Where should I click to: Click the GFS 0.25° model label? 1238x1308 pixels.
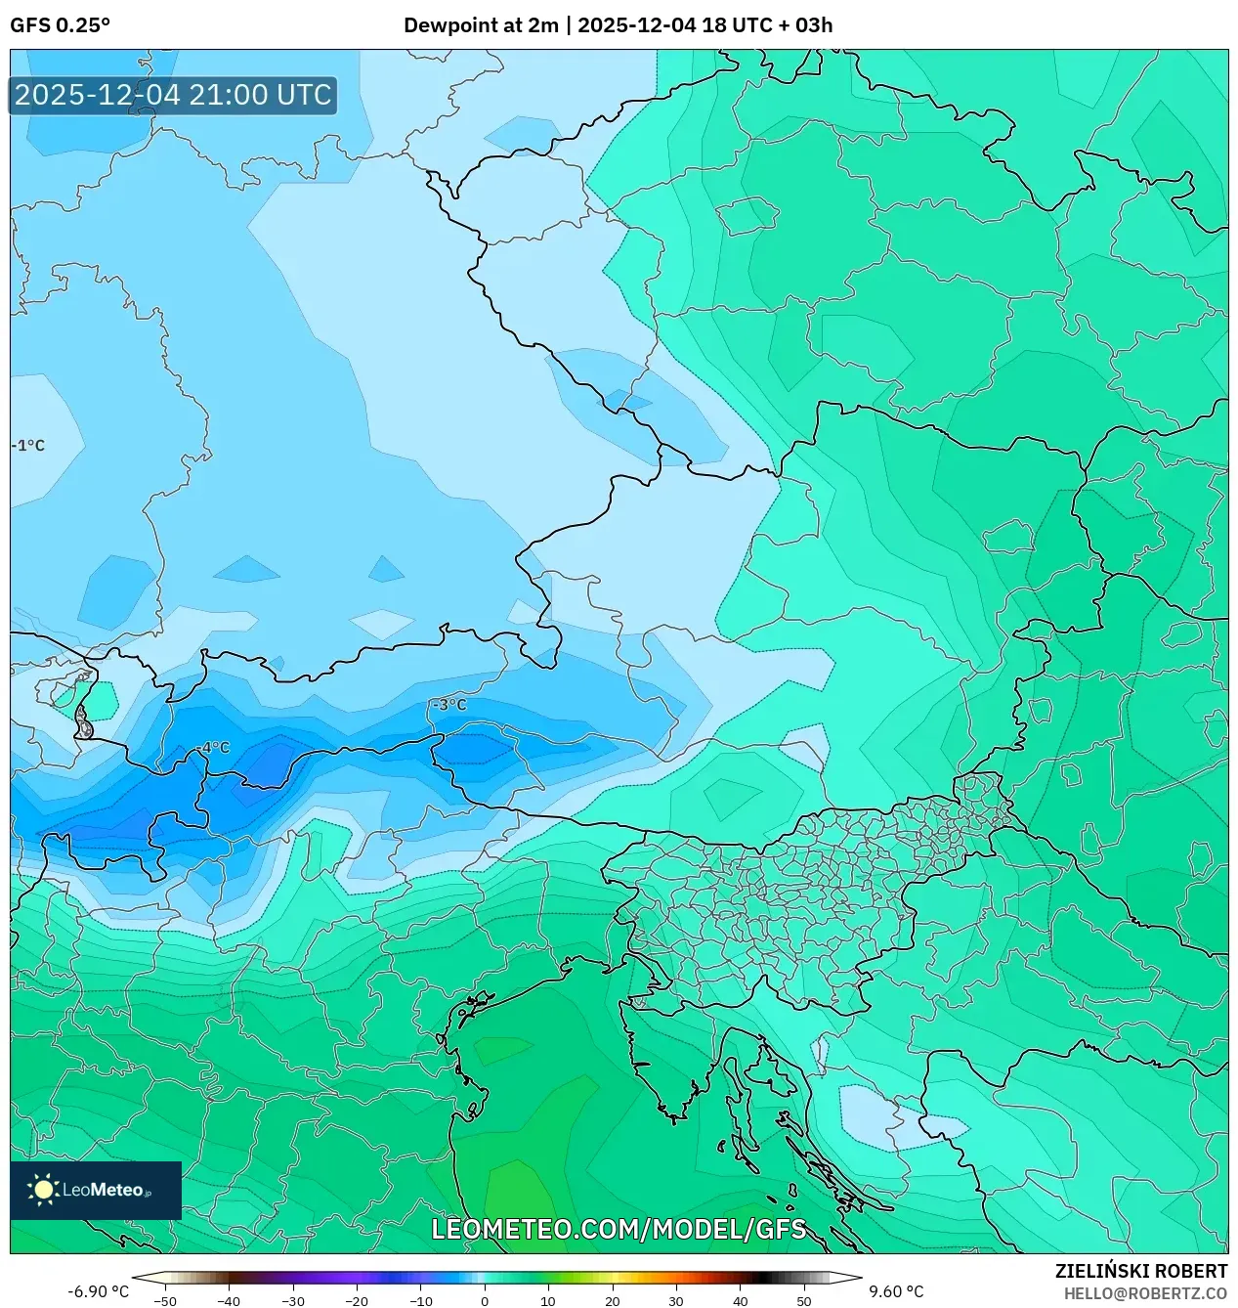coord(60,25)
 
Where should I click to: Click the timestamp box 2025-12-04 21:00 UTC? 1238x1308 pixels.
coord(173,95)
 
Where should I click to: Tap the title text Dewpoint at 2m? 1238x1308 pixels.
coord(481,25)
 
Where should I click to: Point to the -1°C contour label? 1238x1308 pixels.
coord(28,446)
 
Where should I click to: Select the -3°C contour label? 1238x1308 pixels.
coord(449,705)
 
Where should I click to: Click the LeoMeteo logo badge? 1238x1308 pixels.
coord(96,1190)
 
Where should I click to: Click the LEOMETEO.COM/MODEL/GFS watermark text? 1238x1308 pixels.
coord(619,1229)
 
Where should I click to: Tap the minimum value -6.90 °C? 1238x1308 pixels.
coord(98,1291)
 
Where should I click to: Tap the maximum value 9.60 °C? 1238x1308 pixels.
coord(896,1291)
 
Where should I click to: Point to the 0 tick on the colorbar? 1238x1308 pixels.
coord(485,1301)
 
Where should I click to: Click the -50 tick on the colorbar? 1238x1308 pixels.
coord(165,1301)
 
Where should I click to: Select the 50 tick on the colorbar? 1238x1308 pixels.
coord(803,1301)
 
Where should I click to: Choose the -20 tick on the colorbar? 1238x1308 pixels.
coord(357,1301)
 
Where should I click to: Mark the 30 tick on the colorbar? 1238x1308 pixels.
coord(676,1301)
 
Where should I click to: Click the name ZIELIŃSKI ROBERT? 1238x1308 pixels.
coord(1140,1271)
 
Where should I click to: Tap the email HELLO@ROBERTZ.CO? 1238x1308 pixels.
coord(1145,1293)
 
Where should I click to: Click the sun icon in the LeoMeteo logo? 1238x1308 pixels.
coord(43,1190)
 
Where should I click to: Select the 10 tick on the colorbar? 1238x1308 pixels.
coord(548,1301)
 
